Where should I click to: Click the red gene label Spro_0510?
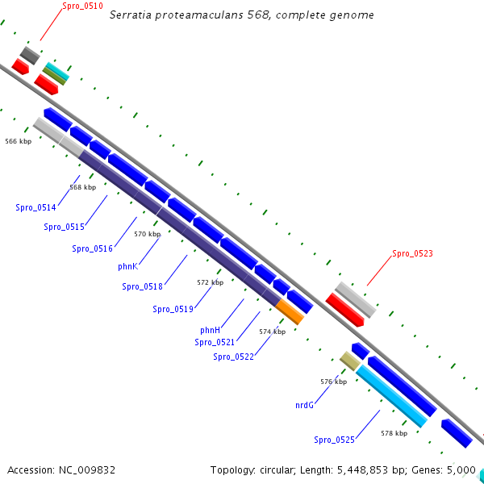[82, 6]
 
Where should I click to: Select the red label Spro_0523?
[412, 253]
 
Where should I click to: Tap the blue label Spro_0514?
[35, 208]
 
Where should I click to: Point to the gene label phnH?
[210, 330]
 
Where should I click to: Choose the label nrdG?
[304, 406]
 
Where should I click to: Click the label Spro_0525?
[334, 440]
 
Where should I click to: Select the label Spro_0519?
[173, 309]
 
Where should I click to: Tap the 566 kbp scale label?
[18, 141]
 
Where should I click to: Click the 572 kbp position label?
[210, 283]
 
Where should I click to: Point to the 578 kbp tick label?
[394, 433]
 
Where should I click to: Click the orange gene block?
[290, 311]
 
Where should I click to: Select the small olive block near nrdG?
[349, 361]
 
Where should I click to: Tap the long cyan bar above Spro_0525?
[391, 396]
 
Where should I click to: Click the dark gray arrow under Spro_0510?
[30, 56]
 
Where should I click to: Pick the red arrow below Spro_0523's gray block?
[345, 311]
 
